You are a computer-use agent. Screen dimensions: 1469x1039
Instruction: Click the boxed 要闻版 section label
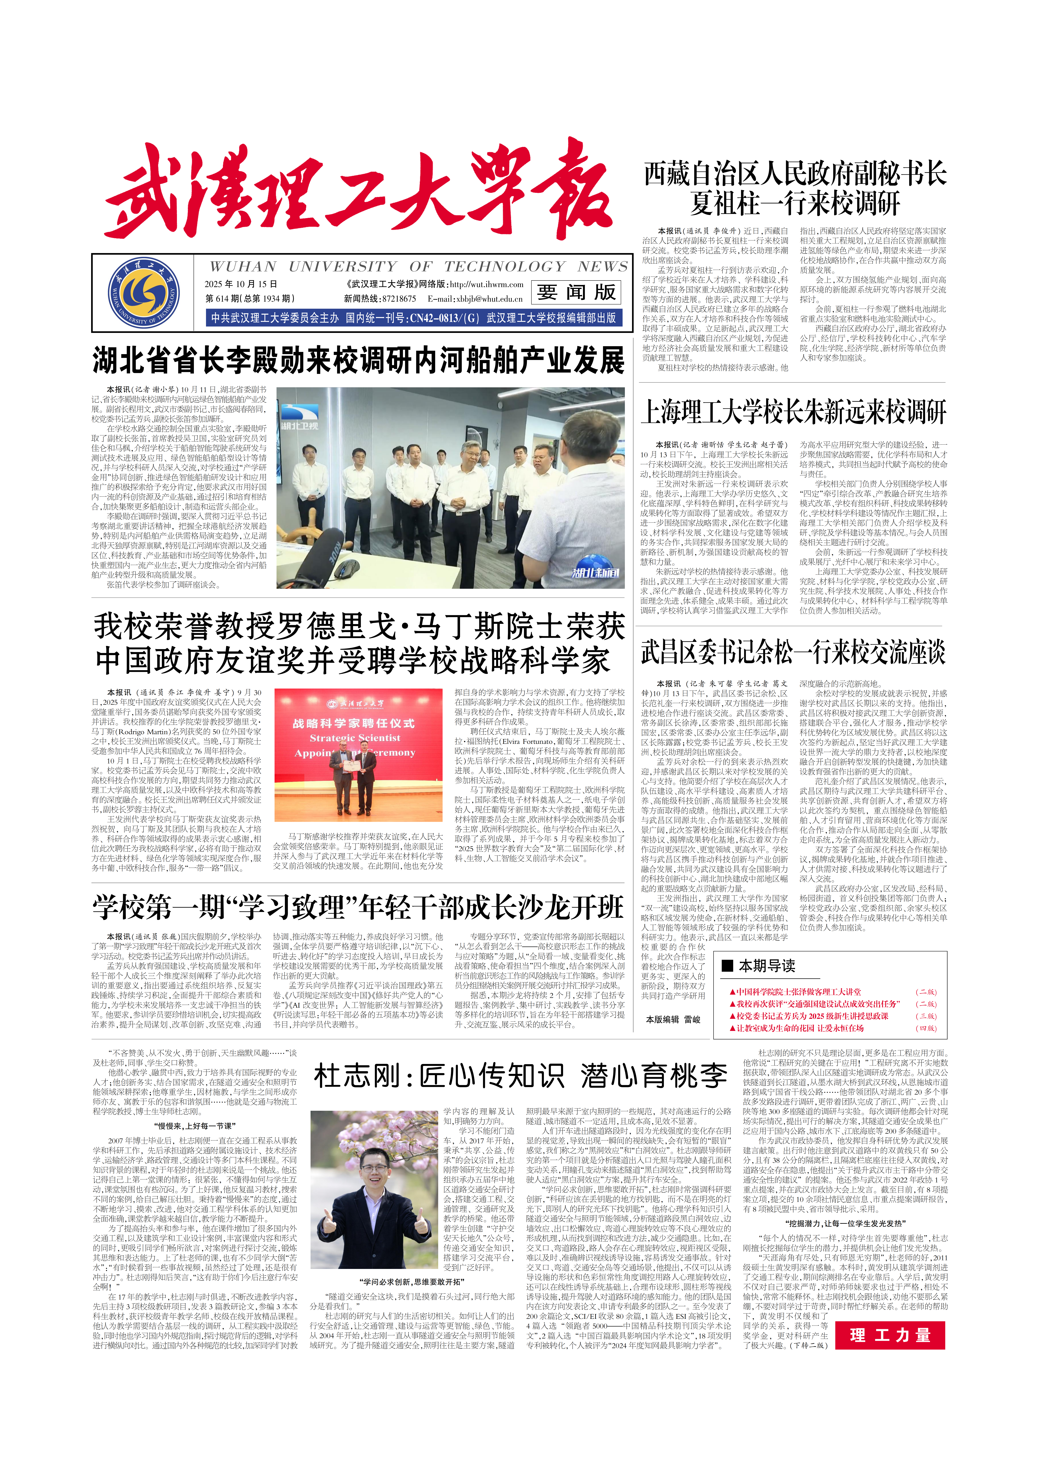tap(576, 292)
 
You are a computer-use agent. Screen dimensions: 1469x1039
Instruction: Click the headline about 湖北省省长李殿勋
tap(358, 360)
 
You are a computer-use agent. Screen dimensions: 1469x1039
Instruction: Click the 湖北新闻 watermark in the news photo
tap(595, 573)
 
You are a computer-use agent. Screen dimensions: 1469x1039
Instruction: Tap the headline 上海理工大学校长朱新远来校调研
tap(793, 411)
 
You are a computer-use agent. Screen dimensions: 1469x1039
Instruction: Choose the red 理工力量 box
tap(889, 1335)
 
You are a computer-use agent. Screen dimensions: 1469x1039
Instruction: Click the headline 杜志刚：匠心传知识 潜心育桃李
tap(520, 1076)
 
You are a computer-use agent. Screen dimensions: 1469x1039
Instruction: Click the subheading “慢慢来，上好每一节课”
tap(195, 1125)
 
